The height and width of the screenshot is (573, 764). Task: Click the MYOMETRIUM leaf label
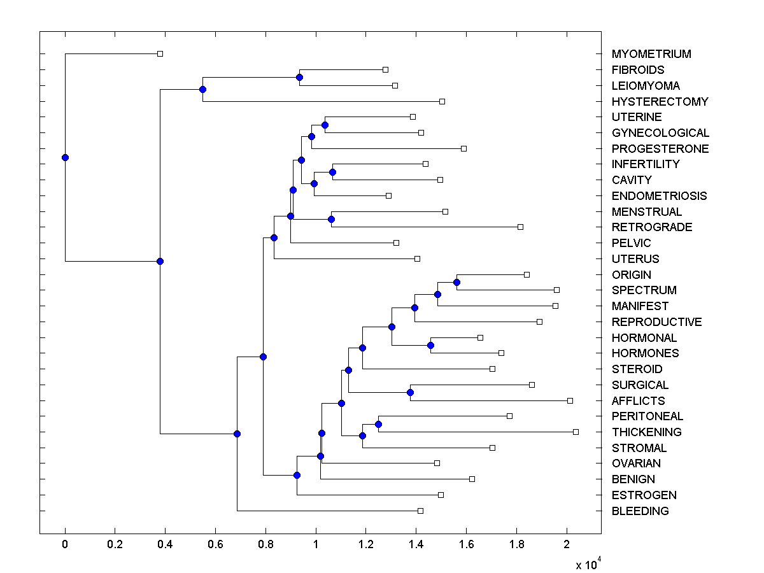tap(651, 54)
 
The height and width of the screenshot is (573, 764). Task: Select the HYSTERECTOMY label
tap(660, 101)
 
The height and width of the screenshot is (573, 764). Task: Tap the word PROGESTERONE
tap(660, 149)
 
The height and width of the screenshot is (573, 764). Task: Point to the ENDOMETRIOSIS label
tap(659, 196)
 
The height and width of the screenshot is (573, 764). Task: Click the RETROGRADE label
tap(652, 227)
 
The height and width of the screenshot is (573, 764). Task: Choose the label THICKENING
tap(646, 432)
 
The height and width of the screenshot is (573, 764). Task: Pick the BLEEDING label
tap(640, 511)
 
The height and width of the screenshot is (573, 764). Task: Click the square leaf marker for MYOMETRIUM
tap(160, 53)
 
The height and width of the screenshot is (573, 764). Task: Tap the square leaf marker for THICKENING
tap(576, 432)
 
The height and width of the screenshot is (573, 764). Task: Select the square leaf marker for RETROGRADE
tap(520, 227)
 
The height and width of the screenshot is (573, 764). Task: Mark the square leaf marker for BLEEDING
tap(420, 511)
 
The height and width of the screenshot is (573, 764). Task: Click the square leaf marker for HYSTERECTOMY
tap(442, 101)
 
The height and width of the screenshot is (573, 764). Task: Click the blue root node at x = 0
tap(65, 157)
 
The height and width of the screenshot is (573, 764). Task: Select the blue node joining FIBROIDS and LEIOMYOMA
tap(299, 77)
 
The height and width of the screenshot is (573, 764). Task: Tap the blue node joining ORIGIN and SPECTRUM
tap(456, 282)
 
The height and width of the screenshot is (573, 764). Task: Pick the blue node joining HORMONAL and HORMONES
tap(430, 345)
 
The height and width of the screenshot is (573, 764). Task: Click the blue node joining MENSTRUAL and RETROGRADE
tap(331, 219)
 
